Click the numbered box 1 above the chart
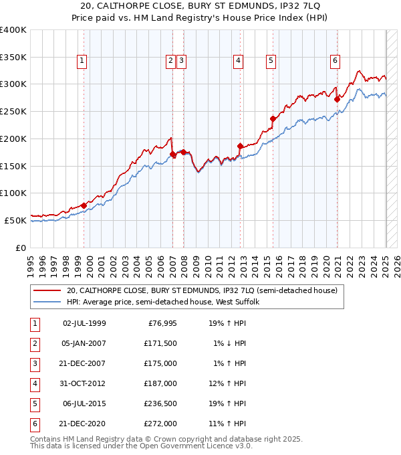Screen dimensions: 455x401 [82, 60]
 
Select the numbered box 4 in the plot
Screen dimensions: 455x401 [238, 60]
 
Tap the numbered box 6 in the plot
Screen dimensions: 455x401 [335, 60]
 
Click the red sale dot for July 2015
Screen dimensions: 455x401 [273, 119]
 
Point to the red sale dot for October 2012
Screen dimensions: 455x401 [240, 145]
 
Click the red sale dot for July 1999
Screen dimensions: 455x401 [84, 205]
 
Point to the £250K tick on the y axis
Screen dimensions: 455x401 [13, 111]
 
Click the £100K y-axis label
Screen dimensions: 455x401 [13, 193]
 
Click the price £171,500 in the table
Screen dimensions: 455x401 [160, 343]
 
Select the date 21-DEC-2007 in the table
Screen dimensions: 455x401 [84, 363]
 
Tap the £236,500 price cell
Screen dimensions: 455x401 [160, 403]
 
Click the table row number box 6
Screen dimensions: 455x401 [34, 424]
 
